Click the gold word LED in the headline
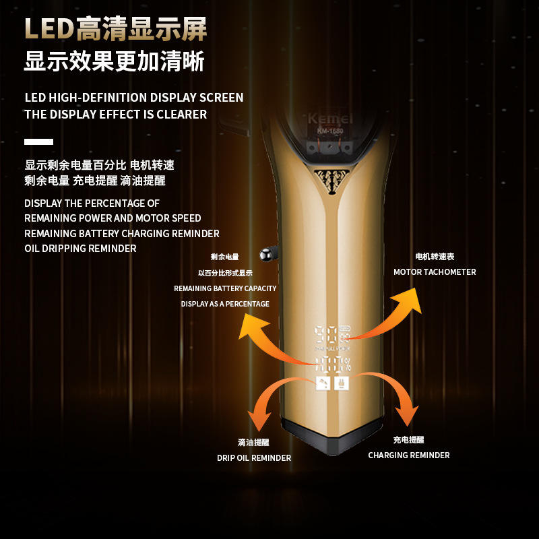pos(49,30)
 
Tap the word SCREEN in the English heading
pos(220,98)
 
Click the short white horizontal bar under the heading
pos(38,141)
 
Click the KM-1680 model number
pos(329,131)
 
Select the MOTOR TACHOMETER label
pos(435,272)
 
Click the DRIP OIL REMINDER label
pos(254,458)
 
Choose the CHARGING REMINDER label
pos(408,455)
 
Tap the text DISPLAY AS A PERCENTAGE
pos(225,304)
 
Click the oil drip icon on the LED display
pos(323,383)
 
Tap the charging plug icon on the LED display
pos(342,383)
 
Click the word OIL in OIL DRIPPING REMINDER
pos(34,249)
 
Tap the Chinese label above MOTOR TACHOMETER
pos(435,257)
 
